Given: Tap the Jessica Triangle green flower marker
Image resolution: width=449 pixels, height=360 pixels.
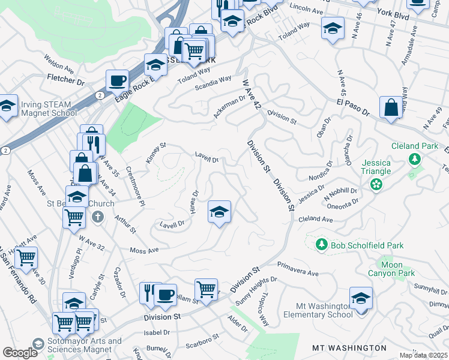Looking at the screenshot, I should [x=376, y=184].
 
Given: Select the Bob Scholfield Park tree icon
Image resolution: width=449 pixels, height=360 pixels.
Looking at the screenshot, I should [x=322, y=245].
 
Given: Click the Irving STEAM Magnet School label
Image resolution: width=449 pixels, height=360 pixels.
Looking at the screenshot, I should [x=49, y=109].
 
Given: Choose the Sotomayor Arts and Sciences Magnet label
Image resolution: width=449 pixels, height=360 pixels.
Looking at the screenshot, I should [x=71, y=345].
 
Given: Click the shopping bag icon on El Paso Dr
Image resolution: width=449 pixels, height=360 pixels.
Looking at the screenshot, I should [x=391, y=108].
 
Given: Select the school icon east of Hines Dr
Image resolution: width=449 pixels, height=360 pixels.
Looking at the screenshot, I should [x=220, y=211].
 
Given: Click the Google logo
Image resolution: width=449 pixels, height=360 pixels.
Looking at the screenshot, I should [x=20, y=353].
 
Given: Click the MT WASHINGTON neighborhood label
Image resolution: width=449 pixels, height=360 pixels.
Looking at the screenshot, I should [x=349, y=348].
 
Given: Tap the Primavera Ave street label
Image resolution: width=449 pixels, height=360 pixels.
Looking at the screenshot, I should [x=298, y=268].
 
